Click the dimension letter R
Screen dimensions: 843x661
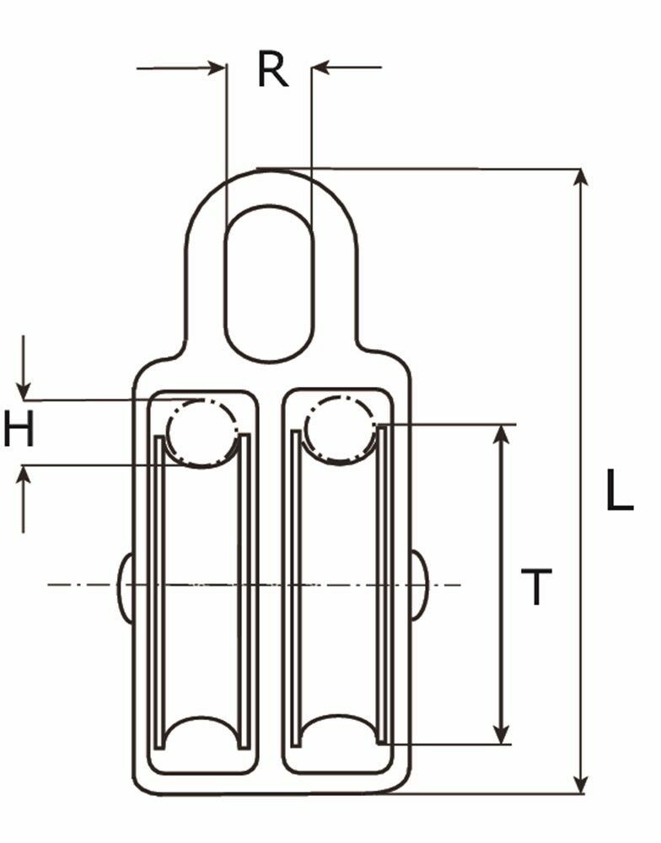pyautogui.click(x=272, y=70)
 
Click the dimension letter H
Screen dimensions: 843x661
pyautogui.click(x=19, y=431)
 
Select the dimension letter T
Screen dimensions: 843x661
pyautogui.click(x=535, y=588)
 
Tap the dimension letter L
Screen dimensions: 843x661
pyautogui.click(x=620, y=491)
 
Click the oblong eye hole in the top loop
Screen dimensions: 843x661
pyautogui.click(x=269, y=284)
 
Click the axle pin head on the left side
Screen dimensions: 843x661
pyautogui.click(x=125, y=588)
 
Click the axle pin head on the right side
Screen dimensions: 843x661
pyautogui.click(x=419, y=585)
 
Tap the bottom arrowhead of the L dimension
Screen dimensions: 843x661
pyautogui.click(x=580, y=785)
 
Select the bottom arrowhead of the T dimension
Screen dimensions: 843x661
pyautogui.click(x=502, y=735)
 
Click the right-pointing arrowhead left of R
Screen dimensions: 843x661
pyautogui.click(x=217, y=67)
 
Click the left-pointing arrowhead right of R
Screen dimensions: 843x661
pyautogui.click(x=321, y=67)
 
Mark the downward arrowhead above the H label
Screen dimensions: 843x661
pyautogui.click(x=24, y=390)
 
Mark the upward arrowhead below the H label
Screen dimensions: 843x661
pyautogui.click(x=24, y=474)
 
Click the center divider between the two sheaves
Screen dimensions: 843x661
pyautogui.click(x=271, y=582)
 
